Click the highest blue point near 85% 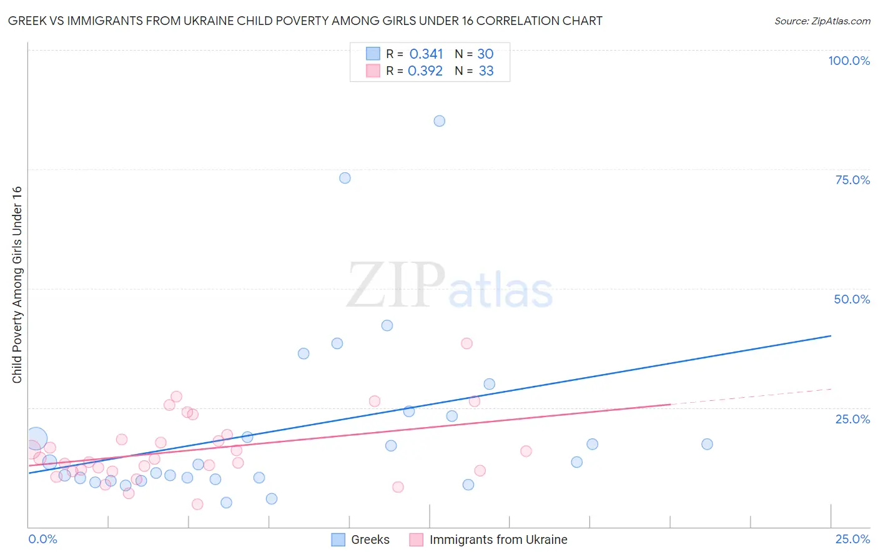tap(440, 121)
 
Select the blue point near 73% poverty tap(345, 178)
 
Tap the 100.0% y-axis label tap(849, 61)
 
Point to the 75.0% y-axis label tap(852, 180)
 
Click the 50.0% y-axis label tap(852, 299)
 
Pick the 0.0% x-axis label tap(43, 539)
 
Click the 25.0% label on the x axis tap(852, 539)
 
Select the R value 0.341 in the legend tap(426, 54)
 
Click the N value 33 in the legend tap(486, 71)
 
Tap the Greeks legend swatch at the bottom tap(338, 540)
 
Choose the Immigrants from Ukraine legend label tap(498, 540)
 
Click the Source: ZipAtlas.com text tap(822, 21)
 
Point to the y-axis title tap(17, 285)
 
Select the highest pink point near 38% tap(466, 343)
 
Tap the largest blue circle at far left tap(36, 438)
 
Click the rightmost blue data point tap(707, 444)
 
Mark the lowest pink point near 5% tap(197, 504)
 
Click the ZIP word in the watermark tap(396, 285)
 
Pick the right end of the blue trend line tap(831, 336)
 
